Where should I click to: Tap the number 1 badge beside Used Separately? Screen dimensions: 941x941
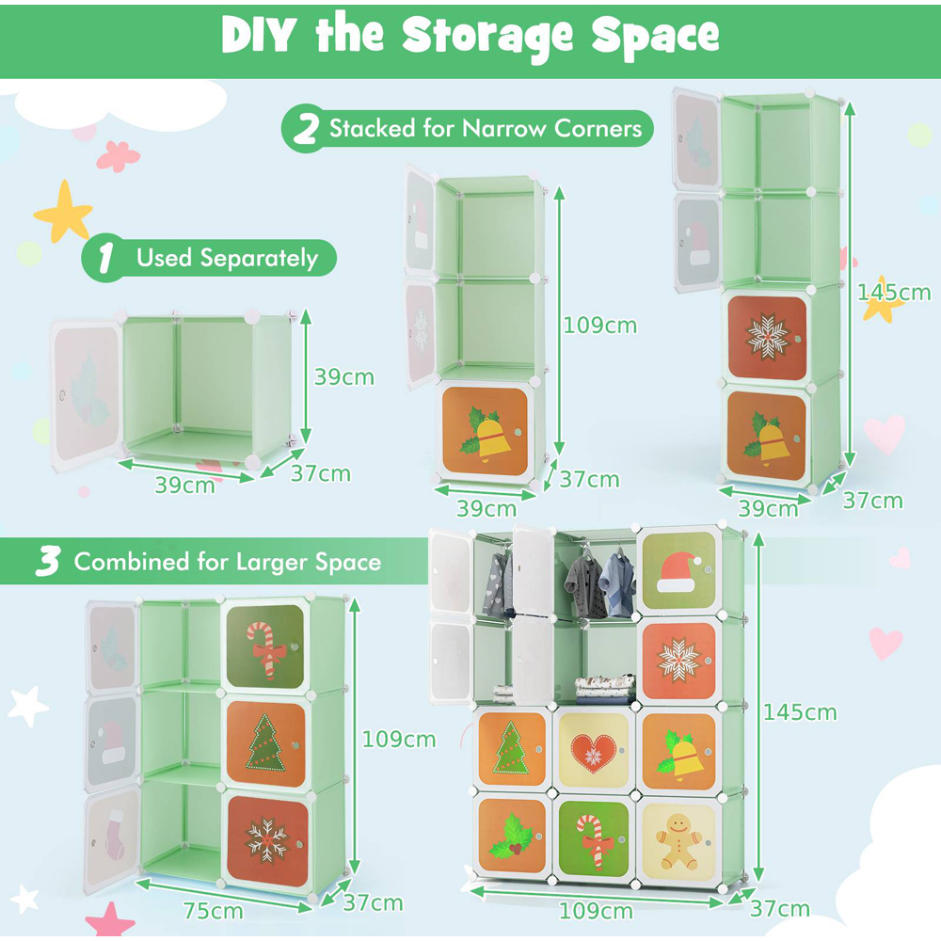coord(106,258)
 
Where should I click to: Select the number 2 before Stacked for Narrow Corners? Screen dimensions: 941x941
coord(306,129)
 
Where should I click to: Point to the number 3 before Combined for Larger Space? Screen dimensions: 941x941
coord(48,562)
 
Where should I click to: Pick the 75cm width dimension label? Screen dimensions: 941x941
coord(213,910)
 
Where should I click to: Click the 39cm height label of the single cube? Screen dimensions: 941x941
coord(343,377)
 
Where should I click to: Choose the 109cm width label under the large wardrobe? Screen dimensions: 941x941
coord(596,911)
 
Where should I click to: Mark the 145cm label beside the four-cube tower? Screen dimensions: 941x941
coord(893,292)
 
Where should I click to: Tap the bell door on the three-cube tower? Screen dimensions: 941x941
coord(484,431)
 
